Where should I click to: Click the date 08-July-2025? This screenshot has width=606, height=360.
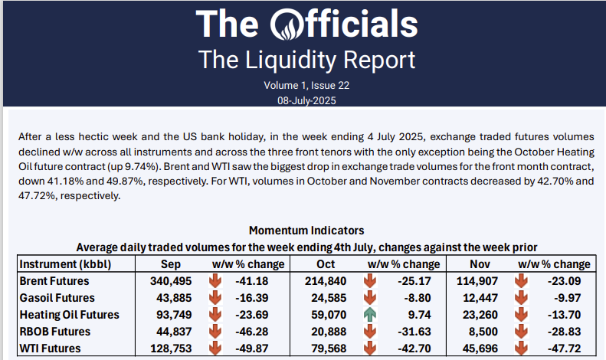(306, 100)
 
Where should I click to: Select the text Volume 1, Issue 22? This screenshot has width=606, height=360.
(306, 86)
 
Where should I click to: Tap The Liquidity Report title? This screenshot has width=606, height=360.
(306, 59)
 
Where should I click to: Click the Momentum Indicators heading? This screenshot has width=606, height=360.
(306, 230)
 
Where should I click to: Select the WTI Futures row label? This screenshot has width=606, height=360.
(54, 348)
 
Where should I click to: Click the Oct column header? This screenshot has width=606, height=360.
(326, 263)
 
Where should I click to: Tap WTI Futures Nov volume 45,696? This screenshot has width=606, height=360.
(477, 348)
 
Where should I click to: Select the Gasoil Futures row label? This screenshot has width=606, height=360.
(57, 297)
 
